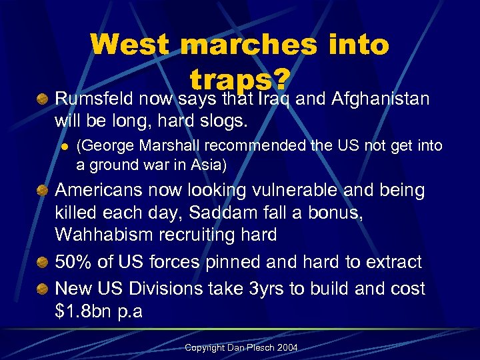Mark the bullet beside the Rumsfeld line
pyautogui.click(x=42, y=100)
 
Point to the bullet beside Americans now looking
pyautogui.click(x=42, y=191)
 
